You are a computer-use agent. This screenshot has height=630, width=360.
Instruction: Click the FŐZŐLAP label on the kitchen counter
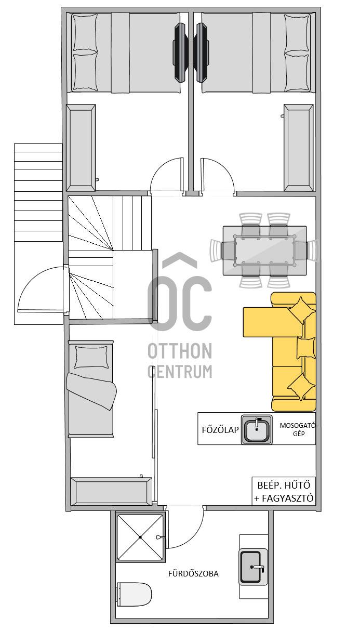[x=220, y=430]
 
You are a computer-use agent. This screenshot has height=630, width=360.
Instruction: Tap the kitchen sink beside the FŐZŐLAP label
[x=257, y=429]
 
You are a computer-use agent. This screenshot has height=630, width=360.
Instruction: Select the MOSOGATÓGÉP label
[x=299, y=429]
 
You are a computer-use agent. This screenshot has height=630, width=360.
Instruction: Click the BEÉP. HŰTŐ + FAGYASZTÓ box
[x=284, y=491]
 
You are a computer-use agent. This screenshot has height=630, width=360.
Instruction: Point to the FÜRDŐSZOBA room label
[x=193, y=574]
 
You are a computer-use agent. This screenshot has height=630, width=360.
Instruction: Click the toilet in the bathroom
[x=134, y=595]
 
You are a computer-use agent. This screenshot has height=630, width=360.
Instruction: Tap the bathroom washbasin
[x=253, y=567]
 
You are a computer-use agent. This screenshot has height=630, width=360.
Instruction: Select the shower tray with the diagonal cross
[x=140, y=537]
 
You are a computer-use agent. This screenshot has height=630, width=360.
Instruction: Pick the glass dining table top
[x=264, y=251]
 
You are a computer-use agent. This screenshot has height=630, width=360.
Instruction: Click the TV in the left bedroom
[x=180, y=52]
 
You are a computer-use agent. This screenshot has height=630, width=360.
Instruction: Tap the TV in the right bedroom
[x=202, y=52]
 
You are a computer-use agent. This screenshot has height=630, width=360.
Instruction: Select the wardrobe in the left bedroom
[x=81, y=148]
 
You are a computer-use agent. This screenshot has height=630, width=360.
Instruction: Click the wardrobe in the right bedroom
[x=299, y=148]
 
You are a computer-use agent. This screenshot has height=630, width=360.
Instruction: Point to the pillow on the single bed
[x=91, y=357]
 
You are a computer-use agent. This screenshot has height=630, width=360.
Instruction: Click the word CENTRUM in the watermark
[x=180, y=372]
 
